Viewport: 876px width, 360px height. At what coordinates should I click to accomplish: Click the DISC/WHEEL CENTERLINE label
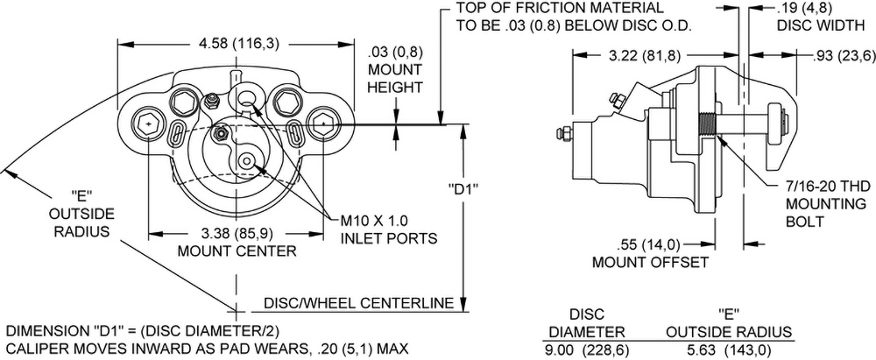pyautogui.click(x=357, y=304)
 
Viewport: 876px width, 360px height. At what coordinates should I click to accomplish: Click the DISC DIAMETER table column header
pyautogui.click(x=586, y=323)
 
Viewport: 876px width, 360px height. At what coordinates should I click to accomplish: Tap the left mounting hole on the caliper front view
pyautogui.click(x=150, y=124)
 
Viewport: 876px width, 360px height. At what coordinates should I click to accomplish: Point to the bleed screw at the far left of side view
pyautogui.click(x=559, y=134)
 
